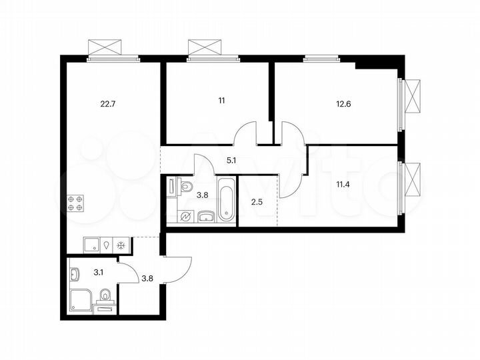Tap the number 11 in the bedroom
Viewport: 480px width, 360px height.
pos(221,101)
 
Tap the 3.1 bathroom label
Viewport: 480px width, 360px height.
pos(98,271)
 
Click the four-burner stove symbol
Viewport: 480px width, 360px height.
pos(75,203)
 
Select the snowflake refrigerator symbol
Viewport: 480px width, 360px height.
pos(121,245)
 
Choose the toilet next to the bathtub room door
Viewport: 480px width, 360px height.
pos(186,185)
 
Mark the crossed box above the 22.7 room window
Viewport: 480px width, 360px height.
pos(105,48)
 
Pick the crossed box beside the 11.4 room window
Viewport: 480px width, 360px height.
pos(414,179)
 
